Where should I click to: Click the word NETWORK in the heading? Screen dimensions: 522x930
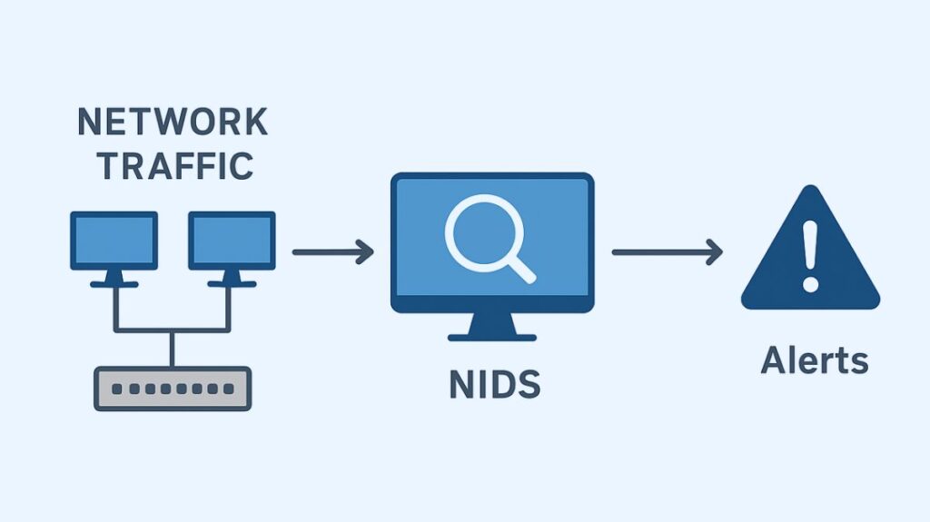(x=172, y=122)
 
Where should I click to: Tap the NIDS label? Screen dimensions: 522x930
(x=494, y=386)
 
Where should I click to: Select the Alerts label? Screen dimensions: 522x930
(x=814, y=360)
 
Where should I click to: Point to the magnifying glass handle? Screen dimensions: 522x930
(x=520, y=270)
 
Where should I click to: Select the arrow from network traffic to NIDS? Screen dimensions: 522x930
(x=332, y=251)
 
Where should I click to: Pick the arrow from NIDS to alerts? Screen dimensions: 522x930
(x=667, y=251)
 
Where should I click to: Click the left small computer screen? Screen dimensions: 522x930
(x=114, y=240)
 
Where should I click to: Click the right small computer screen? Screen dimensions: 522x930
(x=232, y=240)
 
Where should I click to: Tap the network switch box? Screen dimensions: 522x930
(x=173, y=388)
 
